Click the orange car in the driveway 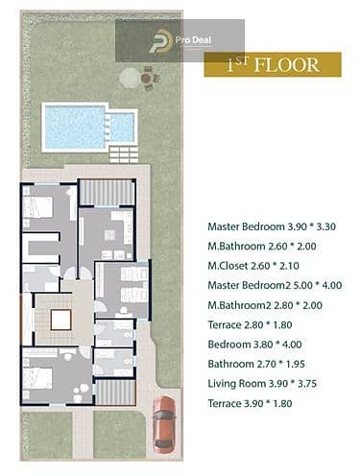click(164, 424)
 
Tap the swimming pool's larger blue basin click(75, 127)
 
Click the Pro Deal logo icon click(160, 41)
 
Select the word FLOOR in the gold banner click(287, 65)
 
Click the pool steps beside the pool click(124, 155)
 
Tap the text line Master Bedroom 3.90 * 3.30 click(272, 226)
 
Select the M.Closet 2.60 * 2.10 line click(253, 266)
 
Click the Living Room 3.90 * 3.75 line click(262, 383)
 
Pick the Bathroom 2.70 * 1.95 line click(256, 364)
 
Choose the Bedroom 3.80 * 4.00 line click(254, 345)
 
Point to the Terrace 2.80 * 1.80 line click(250, 324)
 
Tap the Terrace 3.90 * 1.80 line click(250, 403)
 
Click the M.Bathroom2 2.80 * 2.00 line click(265, 305)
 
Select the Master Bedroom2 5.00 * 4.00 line click(275, 285)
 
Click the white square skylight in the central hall click(60, 320)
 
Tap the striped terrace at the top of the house click(107, 193)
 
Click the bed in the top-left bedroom click(37, 207)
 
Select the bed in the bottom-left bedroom click(37, 378)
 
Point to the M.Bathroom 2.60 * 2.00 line click(262, 246)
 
